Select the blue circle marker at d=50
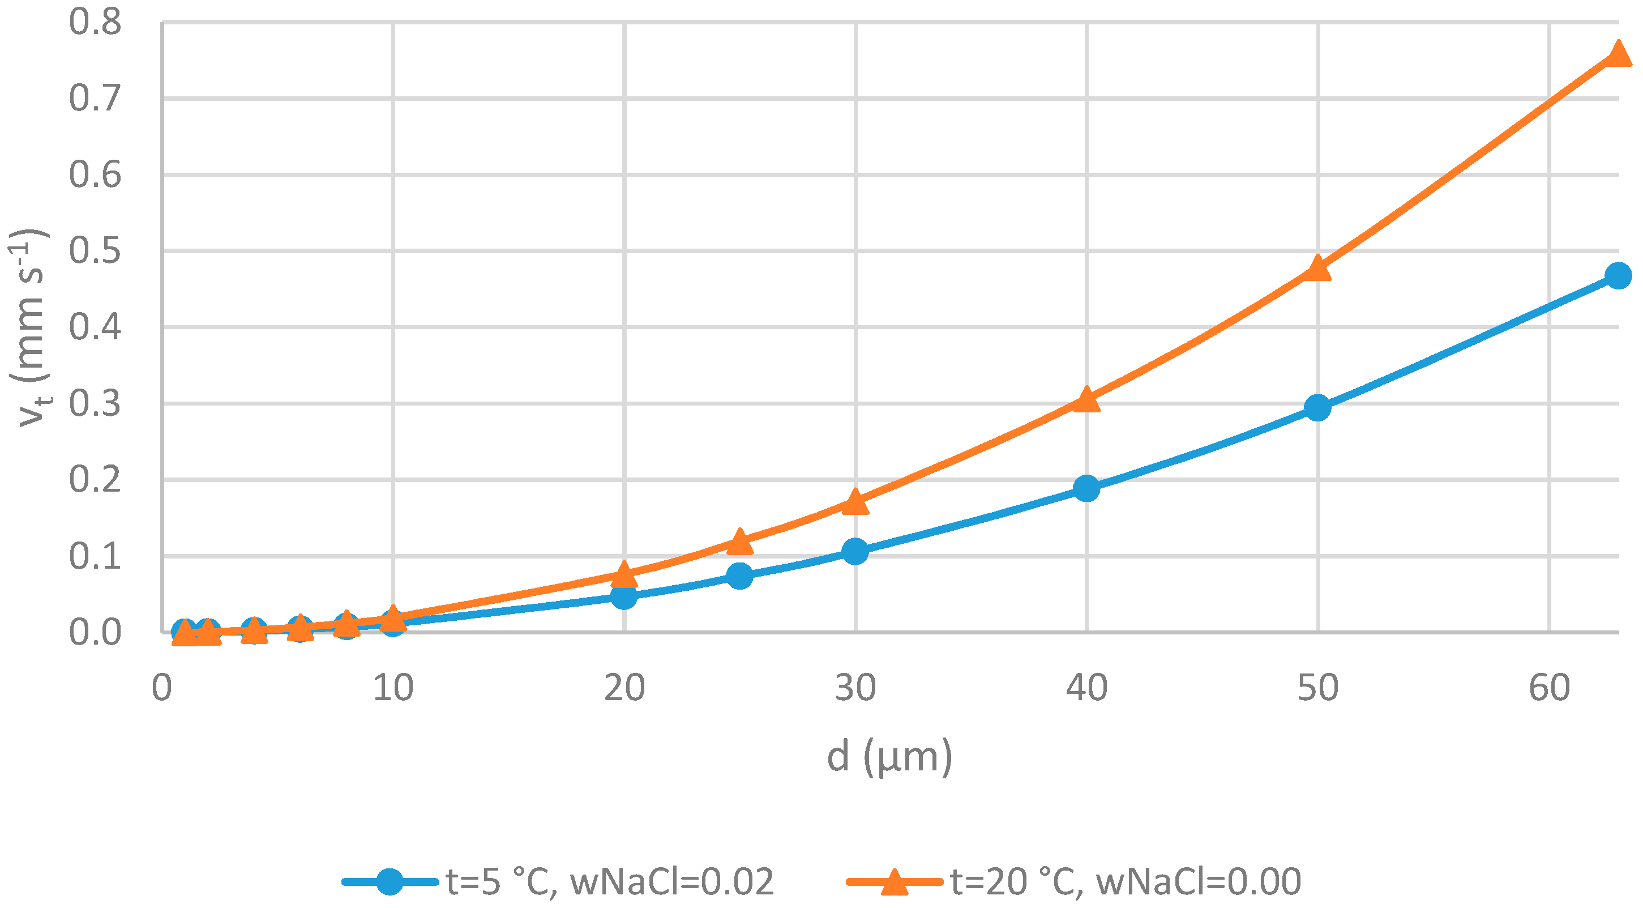pos(1317,408)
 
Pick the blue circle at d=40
pos(1086,489)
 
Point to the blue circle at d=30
pos(855,551)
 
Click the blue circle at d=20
pos(624,596)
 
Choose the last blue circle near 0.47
pos(1618,276)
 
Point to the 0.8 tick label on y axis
pos(95,22)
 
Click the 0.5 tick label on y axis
pos(95,251)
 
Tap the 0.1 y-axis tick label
pos(95,556)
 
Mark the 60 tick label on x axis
pos(1549,688)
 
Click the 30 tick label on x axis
pos(855,688)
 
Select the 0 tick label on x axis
pos(162,688)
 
